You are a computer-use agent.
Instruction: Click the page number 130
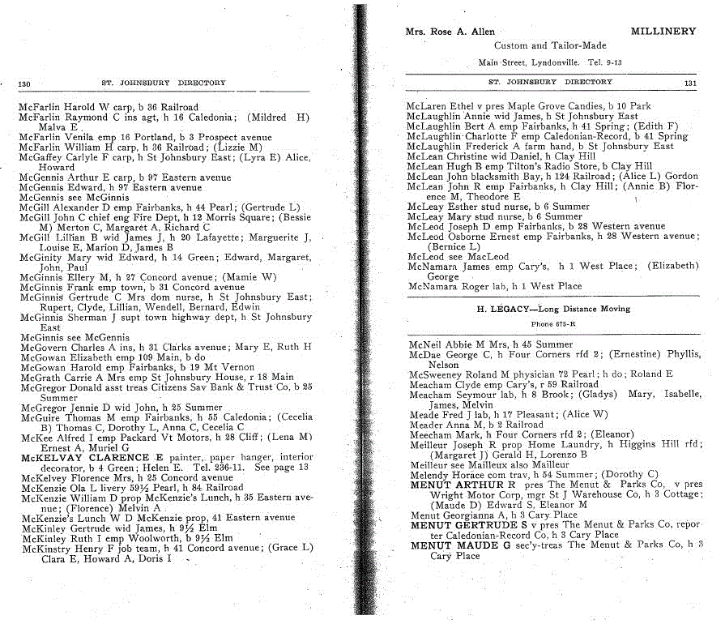[x=24, y=83]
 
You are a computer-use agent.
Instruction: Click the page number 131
[x=690, y=82]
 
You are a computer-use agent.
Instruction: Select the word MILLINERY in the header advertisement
[x=663, y=32]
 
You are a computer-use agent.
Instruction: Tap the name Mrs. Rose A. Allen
[x=449, y=32]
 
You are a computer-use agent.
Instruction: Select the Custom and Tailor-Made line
[x=550, y=46]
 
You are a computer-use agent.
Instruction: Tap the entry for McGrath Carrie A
[x=156, y=377]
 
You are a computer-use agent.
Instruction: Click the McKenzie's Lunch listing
[x=157, y=517]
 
